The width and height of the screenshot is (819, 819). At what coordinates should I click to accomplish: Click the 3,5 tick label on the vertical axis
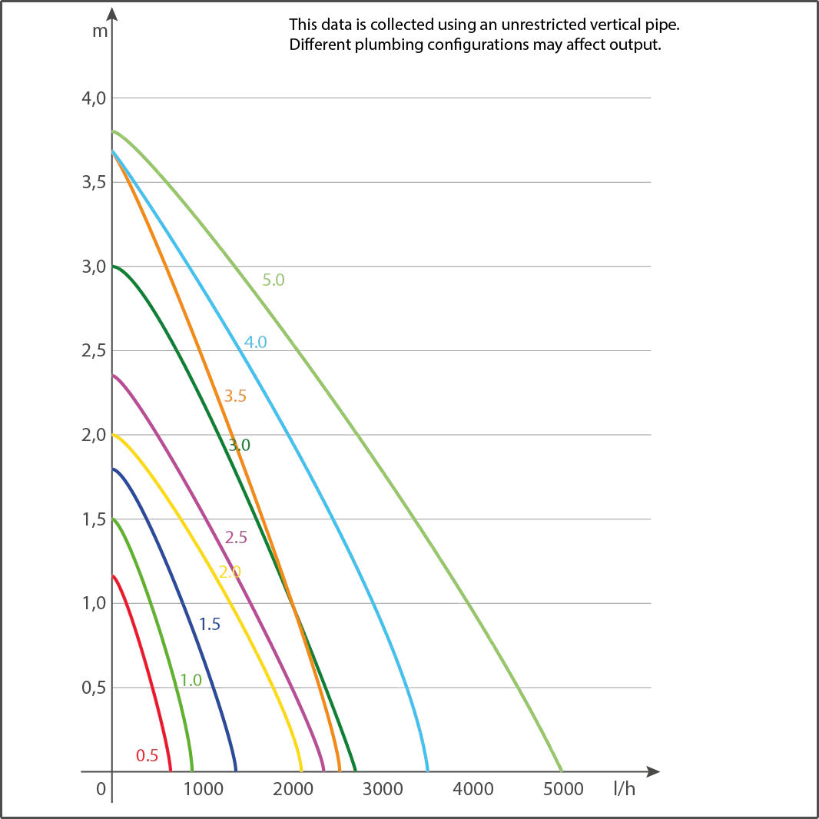pos(94,182)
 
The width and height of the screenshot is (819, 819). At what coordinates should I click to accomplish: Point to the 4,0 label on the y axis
pos(94,98)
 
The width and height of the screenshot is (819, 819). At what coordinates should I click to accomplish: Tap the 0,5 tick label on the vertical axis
pos(94,688)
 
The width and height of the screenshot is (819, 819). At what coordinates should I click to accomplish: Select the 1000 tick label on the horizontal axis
pos(203,789)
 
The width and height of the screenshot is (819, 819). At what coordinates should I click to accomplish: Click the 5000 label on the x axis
pos(563,789)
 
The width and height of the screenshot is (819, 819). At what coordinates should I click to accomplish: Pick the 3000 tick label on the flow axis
pos(383,789)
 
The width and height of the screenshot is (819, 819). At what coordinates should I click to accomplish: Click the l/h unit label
pos(624,788)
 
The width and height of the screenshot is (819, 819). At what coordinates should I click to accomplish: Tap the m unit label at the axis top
pos(101,31)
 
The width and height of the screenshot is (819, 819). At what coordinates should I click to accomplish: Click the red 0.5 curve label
pos(147,755)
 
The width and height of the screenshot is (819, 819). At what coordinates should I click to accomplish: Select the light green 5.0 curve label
pos(274,280)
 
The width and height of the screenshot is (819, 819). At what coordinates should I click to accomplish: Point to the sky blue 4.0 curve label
pos(255,342)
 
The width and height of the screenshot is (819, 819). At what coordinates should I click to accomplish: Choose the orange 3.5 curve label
pos(235,396)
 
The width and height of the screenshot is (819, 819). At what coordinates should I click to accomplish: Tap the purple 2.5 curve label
pos(236,538)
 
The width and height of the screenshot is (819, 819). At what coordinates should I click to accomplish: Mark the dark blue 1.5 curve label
pos(210,624)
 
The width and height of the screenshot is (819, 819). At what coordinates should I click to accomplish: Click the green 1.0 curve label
pos(191,680)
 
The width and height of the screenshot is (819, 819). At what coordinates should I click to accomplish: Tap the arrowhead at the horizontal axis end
pos(653,771)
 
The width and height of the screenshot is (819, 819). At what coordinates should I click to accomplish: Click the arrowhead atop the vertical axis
pos(112,14)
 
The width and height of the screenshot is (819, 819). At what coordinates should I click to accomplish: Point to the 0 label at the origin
pos(101,789)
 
